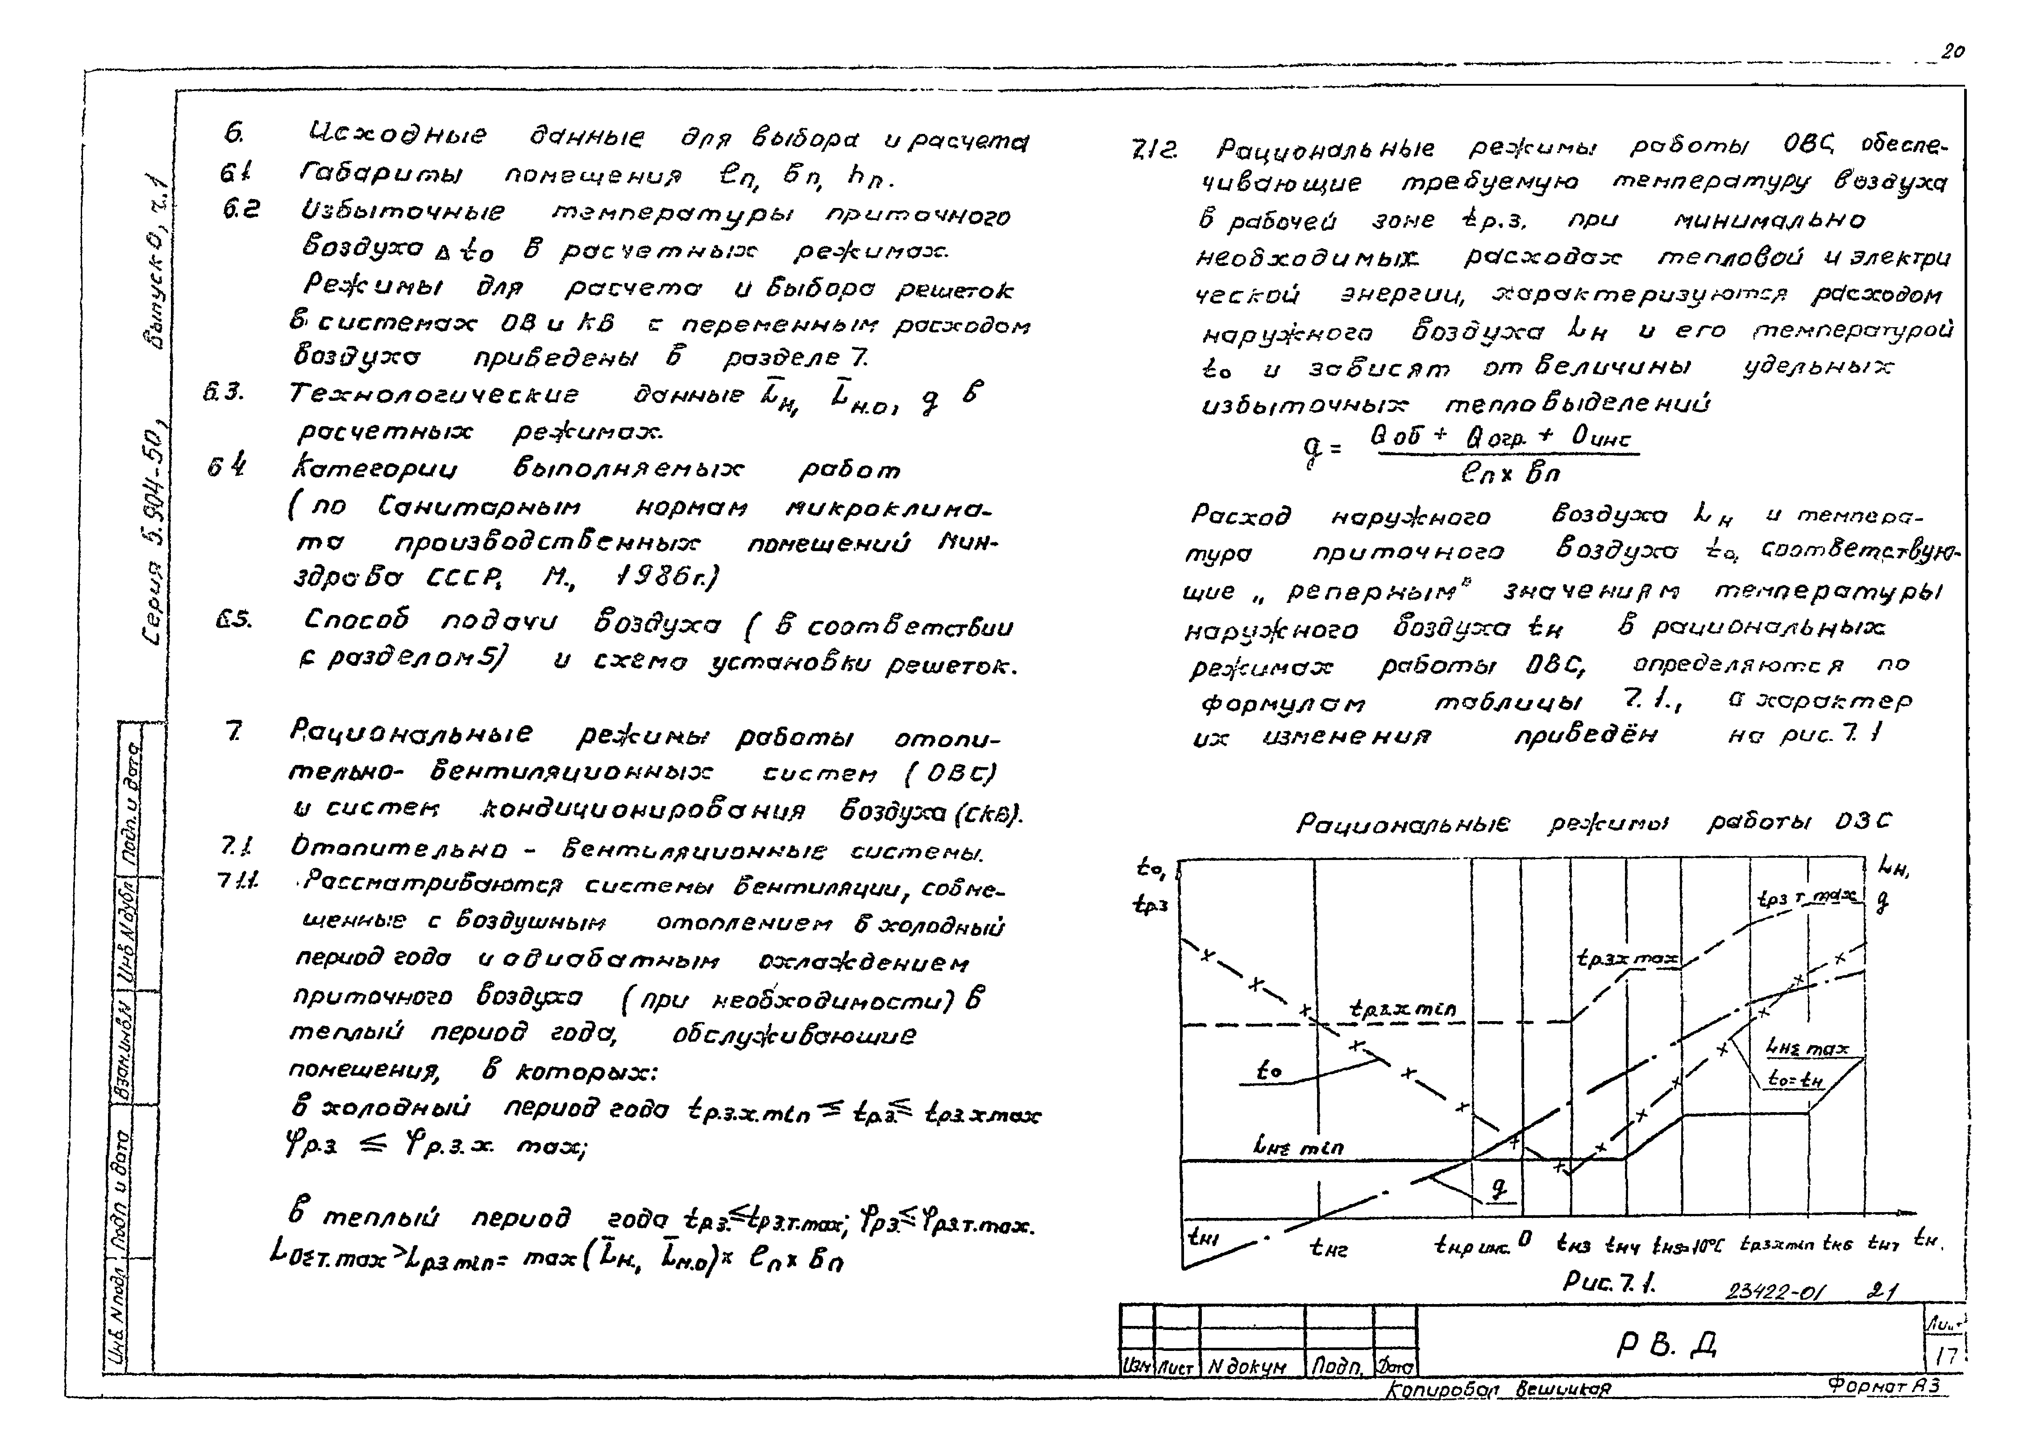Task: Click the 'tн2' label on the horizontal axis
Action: pyautogui.click(x=1328, y=1248)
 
